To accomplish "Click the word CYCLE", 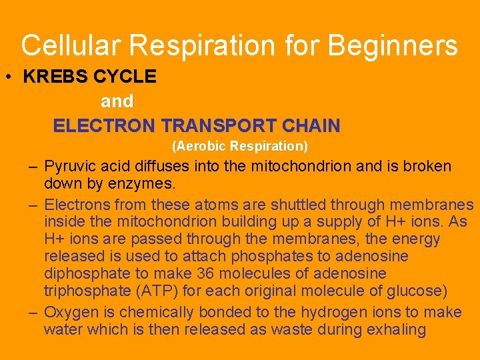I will point(125,77).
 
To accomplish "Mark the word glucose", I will point(416,291).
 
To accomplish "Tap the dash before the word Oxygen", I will point(33,313).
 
